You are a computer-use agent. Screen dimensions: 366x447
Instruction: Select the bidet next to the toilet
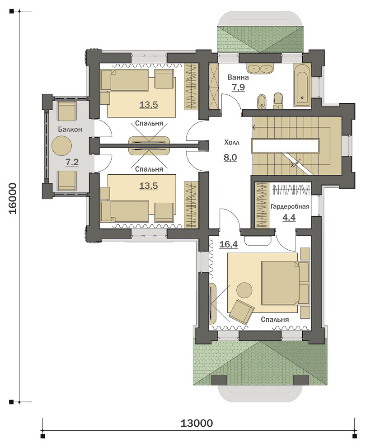pos(261,102)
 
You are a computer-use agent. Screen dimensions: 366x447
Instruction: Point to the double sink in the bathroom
pos(260,69)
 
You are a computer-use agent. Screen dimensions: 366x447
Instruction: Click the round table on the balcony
pos(61,145)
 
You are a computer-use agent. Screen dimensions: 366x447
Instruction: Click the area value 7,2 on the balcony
pos(72,163)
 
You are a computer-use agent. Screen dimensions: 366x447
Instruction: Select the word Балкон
pos(70,130)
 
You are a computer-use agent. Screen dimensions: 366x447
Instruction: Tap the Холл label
pos(232,143)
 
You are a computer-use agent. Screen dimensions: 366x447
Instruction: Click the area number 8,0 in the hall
pos(230,157)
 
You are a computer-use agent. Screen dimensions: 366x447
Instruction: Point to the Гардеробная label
pos(290,207)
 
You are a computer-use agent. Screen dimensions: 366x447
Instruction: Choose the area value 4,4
pos(289,218)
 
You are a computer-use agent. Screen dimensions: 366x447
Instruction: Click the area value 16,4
pos(229,244)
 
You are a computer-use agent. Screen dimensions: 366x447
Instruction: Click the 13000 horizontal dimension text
pos(197,423)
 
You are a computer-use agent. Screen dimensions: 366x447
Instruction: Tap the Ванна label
pos(238,77)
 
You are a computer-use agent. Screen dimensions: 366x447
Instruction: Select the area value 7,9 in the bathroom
pos(238,87)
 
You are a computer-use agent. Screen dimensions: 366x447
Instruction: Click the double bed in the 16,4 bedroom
pos(285,283)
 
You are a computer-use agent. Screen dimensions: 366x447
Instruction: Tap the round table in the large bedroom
pos(244,290)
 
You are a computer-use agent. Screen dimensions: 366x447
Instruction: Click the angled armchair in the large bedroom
pos(242,312)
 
